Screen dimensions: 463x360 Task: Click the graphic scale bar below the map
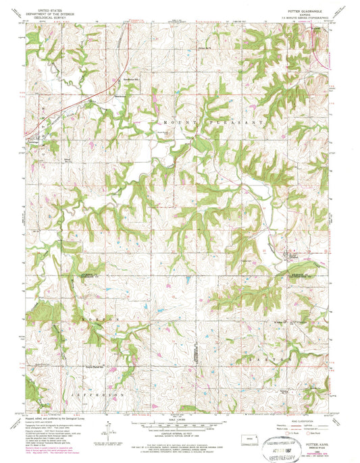click(180, 426)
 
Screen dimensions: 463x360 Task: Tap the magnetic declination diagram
click(108, 426)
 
